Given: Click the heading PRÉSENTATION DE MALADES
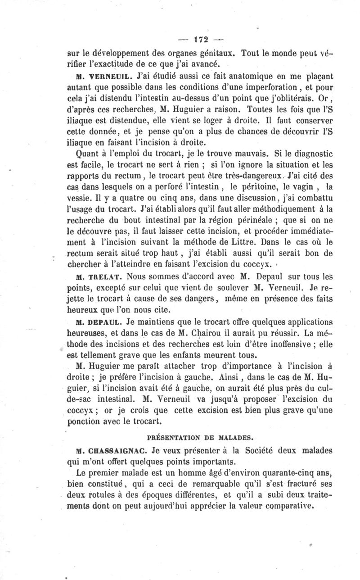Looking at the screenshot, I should coord(196,437).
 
